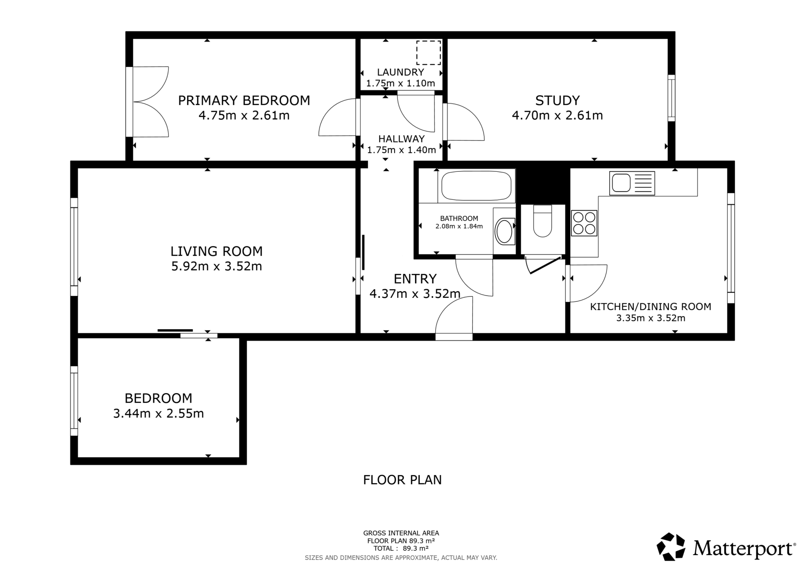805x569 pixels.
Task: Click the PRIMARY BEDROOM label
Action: pos(244,101)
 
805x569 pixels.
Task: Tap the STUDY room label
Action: pos(557,101)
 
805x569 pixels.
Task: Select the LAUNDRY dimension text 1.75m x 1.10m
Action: pos(400,83)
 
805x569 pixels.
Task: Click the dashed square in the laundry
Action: pos(428,53)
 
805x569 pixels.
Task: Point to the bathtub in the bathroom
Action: pos(477,186)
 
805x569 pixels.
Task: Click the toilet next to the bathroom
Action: pos(543,221)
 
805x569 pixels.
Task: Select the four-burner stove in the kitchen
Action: pos(584,223)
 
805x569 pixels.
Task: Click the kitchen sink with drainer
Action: pos(632,183)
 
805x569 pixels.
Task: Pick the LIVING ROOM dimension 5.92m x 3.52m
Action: pos(217,266)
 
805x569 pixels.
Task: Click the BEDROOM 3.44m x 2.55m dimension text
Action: pos(158,414)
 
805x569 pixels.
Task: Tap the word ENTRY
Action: pos(415,279)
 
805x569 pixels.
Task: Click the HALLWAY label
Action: pos(401,139)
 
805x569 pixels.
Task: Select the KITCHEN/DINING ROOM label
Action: pos(651,307)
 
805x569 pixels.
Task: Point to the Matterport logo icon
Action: pos(671,546)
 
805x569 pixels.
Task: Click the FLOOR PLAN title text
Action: pos(402,480)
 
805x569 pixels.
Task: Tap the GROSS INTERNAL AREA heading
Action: pos(401,533)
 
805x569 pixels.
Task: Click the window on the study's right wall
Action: pos(671,98)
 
